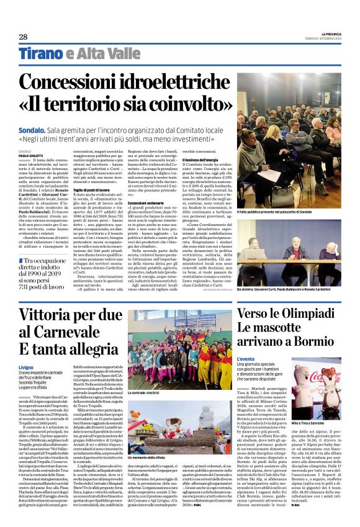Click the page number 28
tap(23, 37)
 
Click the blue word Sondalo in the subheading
tap(32, 130)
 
